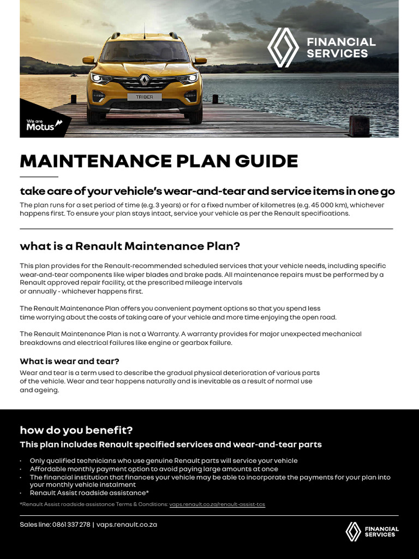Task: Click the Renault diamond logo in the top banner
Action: point(283,47)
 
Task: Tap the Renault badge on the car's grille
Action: point(145,81)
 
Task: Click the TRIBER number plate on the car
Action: point(145,97)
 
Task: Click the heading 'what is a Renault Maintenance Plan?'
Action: point(130,246)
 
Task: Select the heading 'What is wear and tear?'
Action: point(69,361)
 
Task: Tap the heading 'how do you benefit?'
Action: point(76,430)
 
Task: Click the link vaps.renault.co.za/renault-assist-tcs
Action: point(217,504)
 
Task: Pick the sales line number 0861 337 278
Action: point(71,525)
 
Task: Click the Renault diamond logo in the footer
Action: point(353,532)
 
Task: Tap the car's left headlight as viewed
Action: point(100,78)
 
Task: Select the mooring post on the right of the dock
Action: point(359,126)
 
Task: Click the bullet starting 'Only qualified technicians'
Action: point(164,461)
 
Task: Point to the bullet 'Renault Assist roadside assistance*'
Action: point(89,493)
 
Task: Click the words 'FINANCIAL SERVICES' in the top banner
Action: point(341,47)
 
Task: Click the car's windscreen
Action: point(144,52)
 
